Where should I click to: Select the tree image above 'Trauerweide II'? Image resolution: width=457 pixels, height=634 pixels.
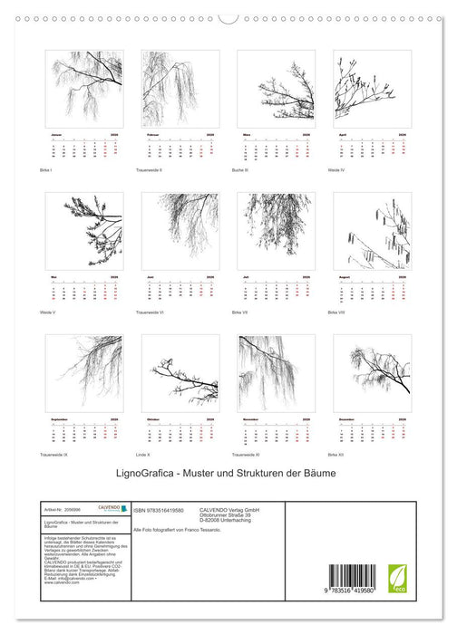180,88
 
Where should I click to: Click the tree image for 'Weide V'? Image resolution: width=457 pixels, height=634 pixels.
83,230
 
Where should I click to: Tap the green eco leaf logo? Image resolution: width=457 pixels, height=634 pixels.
397,576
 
